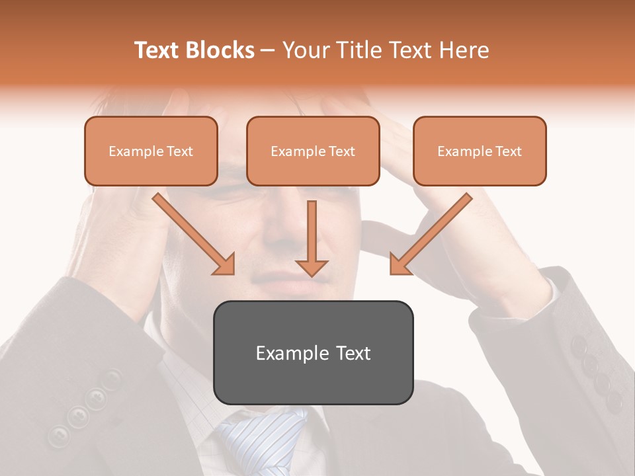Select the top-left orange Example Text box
click(x=151, y=151)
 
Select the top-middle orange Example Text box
click(x=313, y=151)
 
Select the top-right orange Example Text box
click(x=480, y=151)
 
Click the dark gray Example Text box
click(x=313, y=352)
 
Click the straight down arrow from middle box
click(x=312, y=238)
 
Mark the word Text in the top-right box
click(x=509, y=151)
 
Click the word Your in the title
click(x=304, y=50)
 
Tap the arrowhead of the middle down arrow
click(x=312, y=266)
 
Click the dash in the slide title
click(x=268, y=51)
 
